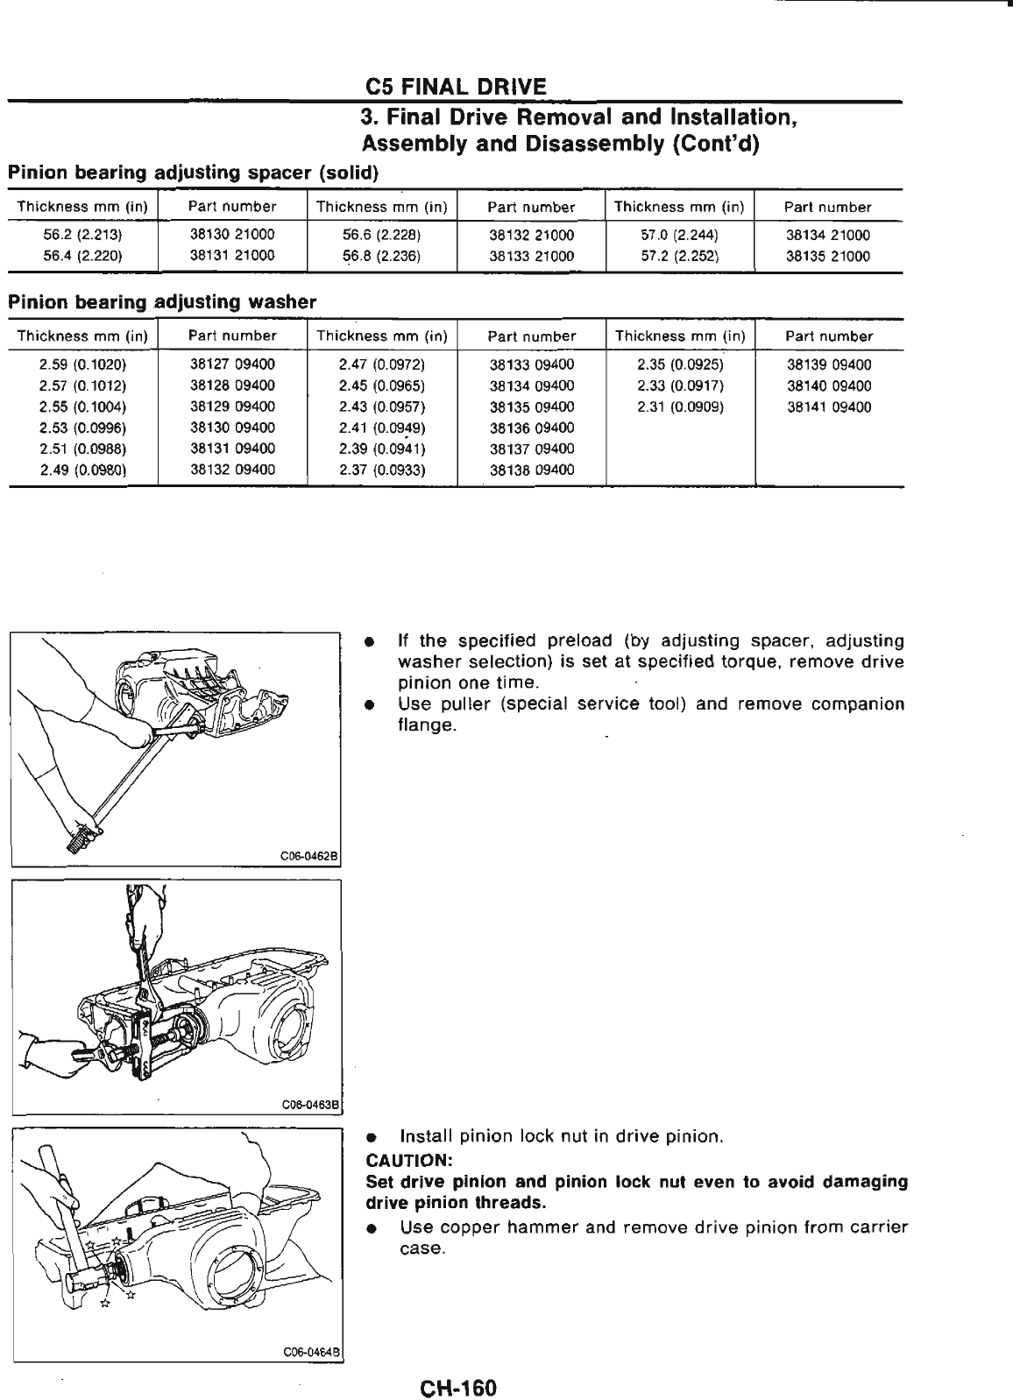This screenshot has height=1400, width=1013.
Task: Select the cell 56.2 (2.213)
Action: click(82, 235)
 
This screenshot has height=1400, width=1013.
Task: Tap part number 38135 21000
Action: click(828, 257)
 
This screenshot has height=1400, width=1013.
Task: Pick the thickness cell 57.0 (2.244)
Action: click(679, 235)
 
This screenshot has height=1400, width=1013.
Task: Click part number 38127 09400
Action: click(232, 364)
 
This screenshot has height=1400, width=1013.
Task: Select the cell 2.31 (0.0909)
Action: click(680, 407)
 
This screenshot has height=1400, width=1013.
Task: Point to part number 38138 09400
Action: click(532, 470)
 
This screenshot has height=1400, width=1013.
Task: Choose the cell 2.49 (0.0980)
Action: click(83, 470)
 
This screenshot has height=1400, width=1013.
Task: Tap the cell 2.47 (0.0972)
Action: click(382, 364)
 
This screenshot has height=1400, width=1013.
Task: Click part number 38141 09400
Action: click(829, 407)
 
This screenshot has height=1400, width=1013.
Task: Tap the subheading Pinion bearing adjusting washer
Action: click(161, 302)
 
